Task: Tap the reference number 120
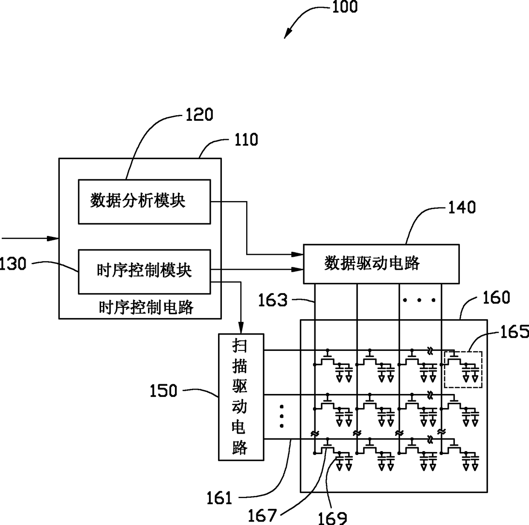[x=200, y=114]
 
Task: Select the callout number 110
[x=246, y=140]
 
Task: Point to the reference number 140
[x=462, y=207]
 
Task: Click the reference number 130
[x=13, y=264]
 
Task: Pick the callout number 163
[x=273, y=300]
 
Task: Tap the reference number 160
[x=496, y=297]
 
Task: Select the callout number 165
[x=514, y=332]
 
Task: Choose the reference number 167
[x=262, y=515]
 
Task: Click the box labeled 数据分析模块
[x=144, y=202]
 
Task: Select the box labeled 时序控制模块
[x=144, y=272]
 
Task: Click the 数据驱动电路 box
[x=381, y=264]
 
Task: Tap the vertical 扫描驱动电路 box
[x=241, y=397]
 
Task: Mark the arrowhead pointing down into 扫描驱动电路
[x=241, y=329]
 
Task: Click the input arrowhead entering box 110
[x=53, y=239]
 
